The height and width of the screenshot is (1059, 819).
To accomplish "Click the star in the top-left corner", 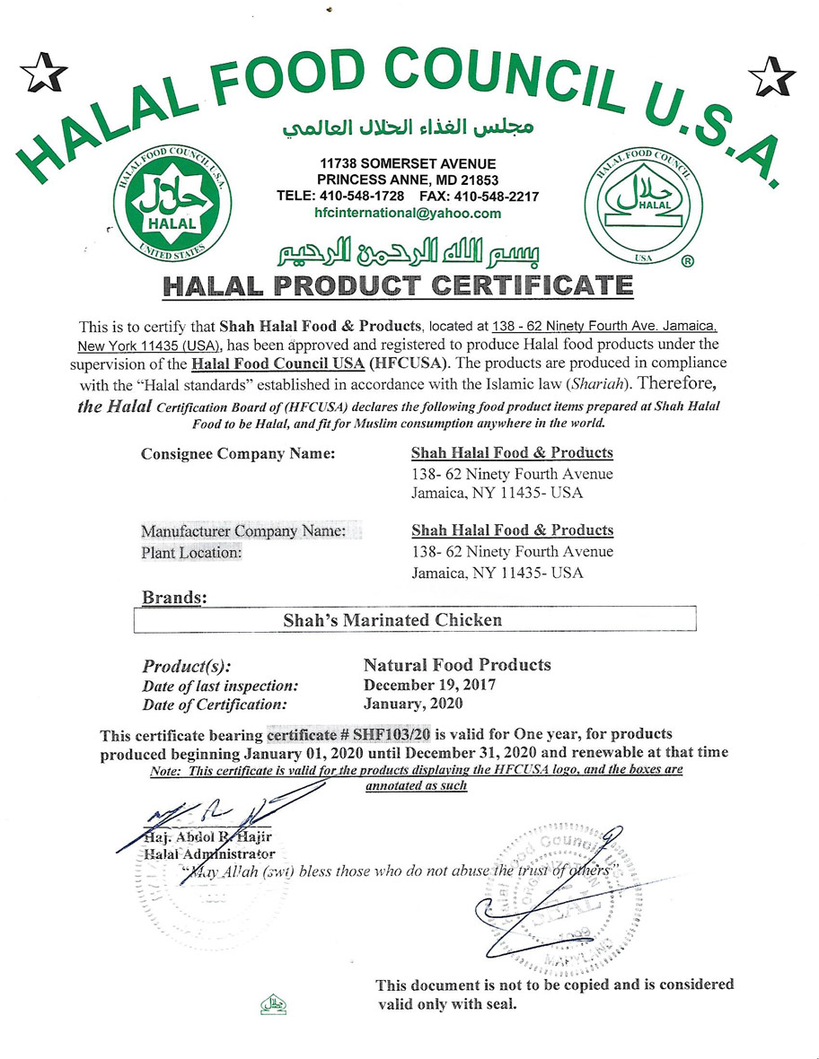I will [43, 73].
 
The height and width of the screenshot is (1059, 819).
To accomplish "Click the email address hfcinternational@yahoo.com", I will [408, 214].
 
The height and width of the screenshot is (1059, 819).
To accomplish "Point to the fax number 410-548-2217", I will [502, 197].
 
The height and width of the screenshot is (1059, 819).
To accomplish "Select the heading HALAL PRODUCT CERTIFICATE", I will [398, 286].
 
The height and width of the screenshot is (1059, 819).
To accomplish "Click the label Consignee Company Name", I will [238, 453].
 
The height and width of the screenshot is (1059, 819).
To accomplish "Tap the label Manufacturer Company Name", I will [243, 531].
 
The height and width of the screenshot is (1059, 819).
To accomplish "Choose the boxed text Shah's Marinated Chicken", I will [392, 619].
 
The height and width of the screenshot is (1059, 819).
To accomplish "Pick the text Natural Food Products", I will [457, 665].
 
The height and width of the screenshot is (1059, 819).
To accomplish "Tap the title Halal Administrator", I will [209, 853].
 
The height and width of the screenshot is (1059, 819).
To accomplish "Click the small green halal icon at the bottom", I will [272, 1003].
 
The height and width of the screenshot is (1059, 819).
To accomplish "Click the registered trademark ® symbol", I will [687, 262].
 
